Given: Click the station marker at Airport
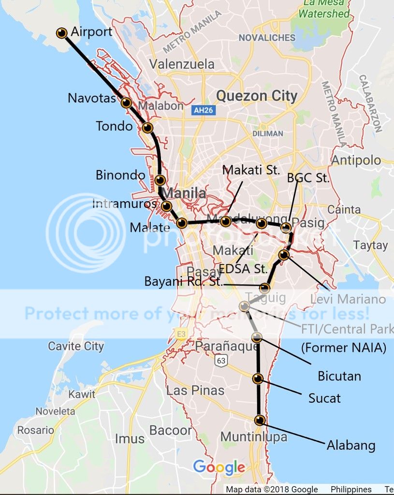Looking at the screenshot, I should [61, 33].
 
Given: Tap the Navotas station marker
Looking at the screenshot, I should [126, 102].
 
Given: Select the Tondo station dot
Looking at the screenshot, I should [147, 128].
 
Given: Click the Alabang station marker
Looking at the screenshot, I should [260, 420].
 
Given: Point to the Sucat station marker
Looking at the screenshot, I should [258, 379].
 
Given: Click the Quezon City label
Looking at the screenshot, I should [256, 96].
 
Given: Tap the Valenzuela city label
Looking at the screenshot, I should [182, 64].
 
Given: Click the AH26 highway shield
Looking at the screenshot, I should [203, 111].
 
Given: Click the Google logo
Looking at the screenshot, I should [219, 467].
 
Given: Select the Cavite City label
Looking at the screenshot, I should [76, 346].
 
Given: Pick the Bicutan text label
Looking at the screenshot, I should [339, 376].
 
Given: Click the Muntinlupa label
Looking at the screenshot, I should [253, 437].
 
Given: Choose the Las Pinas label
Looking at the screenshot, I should [195, 390].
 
